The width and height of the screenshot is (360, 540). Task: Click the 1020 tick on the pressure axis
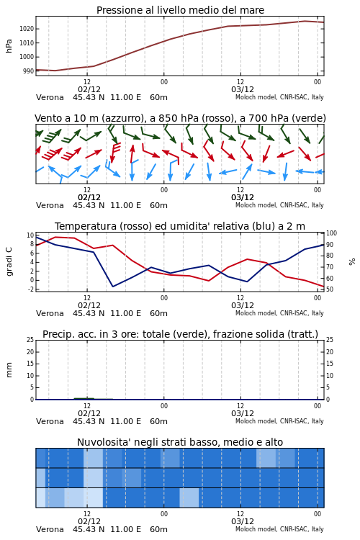tap(27, 29)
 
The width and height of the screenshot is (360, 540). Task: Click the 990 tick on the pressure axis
tap(29, 71)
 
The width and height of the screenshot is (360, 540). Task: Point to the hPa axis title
tap(9, 46)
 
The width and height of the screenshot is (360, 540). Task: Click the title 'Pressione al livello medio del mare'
tap(180, 10)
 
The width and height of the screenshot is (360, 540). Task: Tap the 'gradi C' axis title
tap(9, 261)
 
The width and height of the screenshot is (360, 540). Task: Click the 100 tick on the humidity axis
tap(331, 233)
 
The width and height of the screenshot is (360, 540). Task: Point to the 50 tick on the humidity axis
tap(330, 289)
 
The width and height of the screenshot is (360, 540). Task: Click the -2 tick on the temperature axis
tap(30, 289)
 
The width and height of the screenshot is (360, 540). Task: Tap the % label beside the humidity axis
tap(352, 262)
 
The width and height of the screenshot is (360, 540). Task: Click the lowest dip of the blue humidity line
tap(112, 287)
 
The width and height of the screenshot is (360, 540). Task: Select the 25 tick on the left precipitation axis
tap(30, 340)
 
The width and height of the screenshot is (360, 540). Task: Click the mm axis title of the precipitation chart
tap(9, 370)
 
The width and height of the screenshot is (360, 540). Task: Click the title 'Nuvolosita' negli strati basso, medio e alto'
tap(180, 442)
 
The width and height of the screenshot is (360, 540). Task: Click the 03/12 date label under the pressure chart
tap(243, 89)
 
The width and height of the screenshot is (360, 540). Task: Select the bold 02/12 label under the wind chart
tap(89, 197)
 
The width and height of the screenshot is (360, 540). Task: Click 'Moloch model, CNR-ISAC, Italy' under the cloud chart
tap(279, 529)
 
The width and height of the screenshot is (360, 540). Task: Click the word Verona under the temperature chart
tap(50, 313)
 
